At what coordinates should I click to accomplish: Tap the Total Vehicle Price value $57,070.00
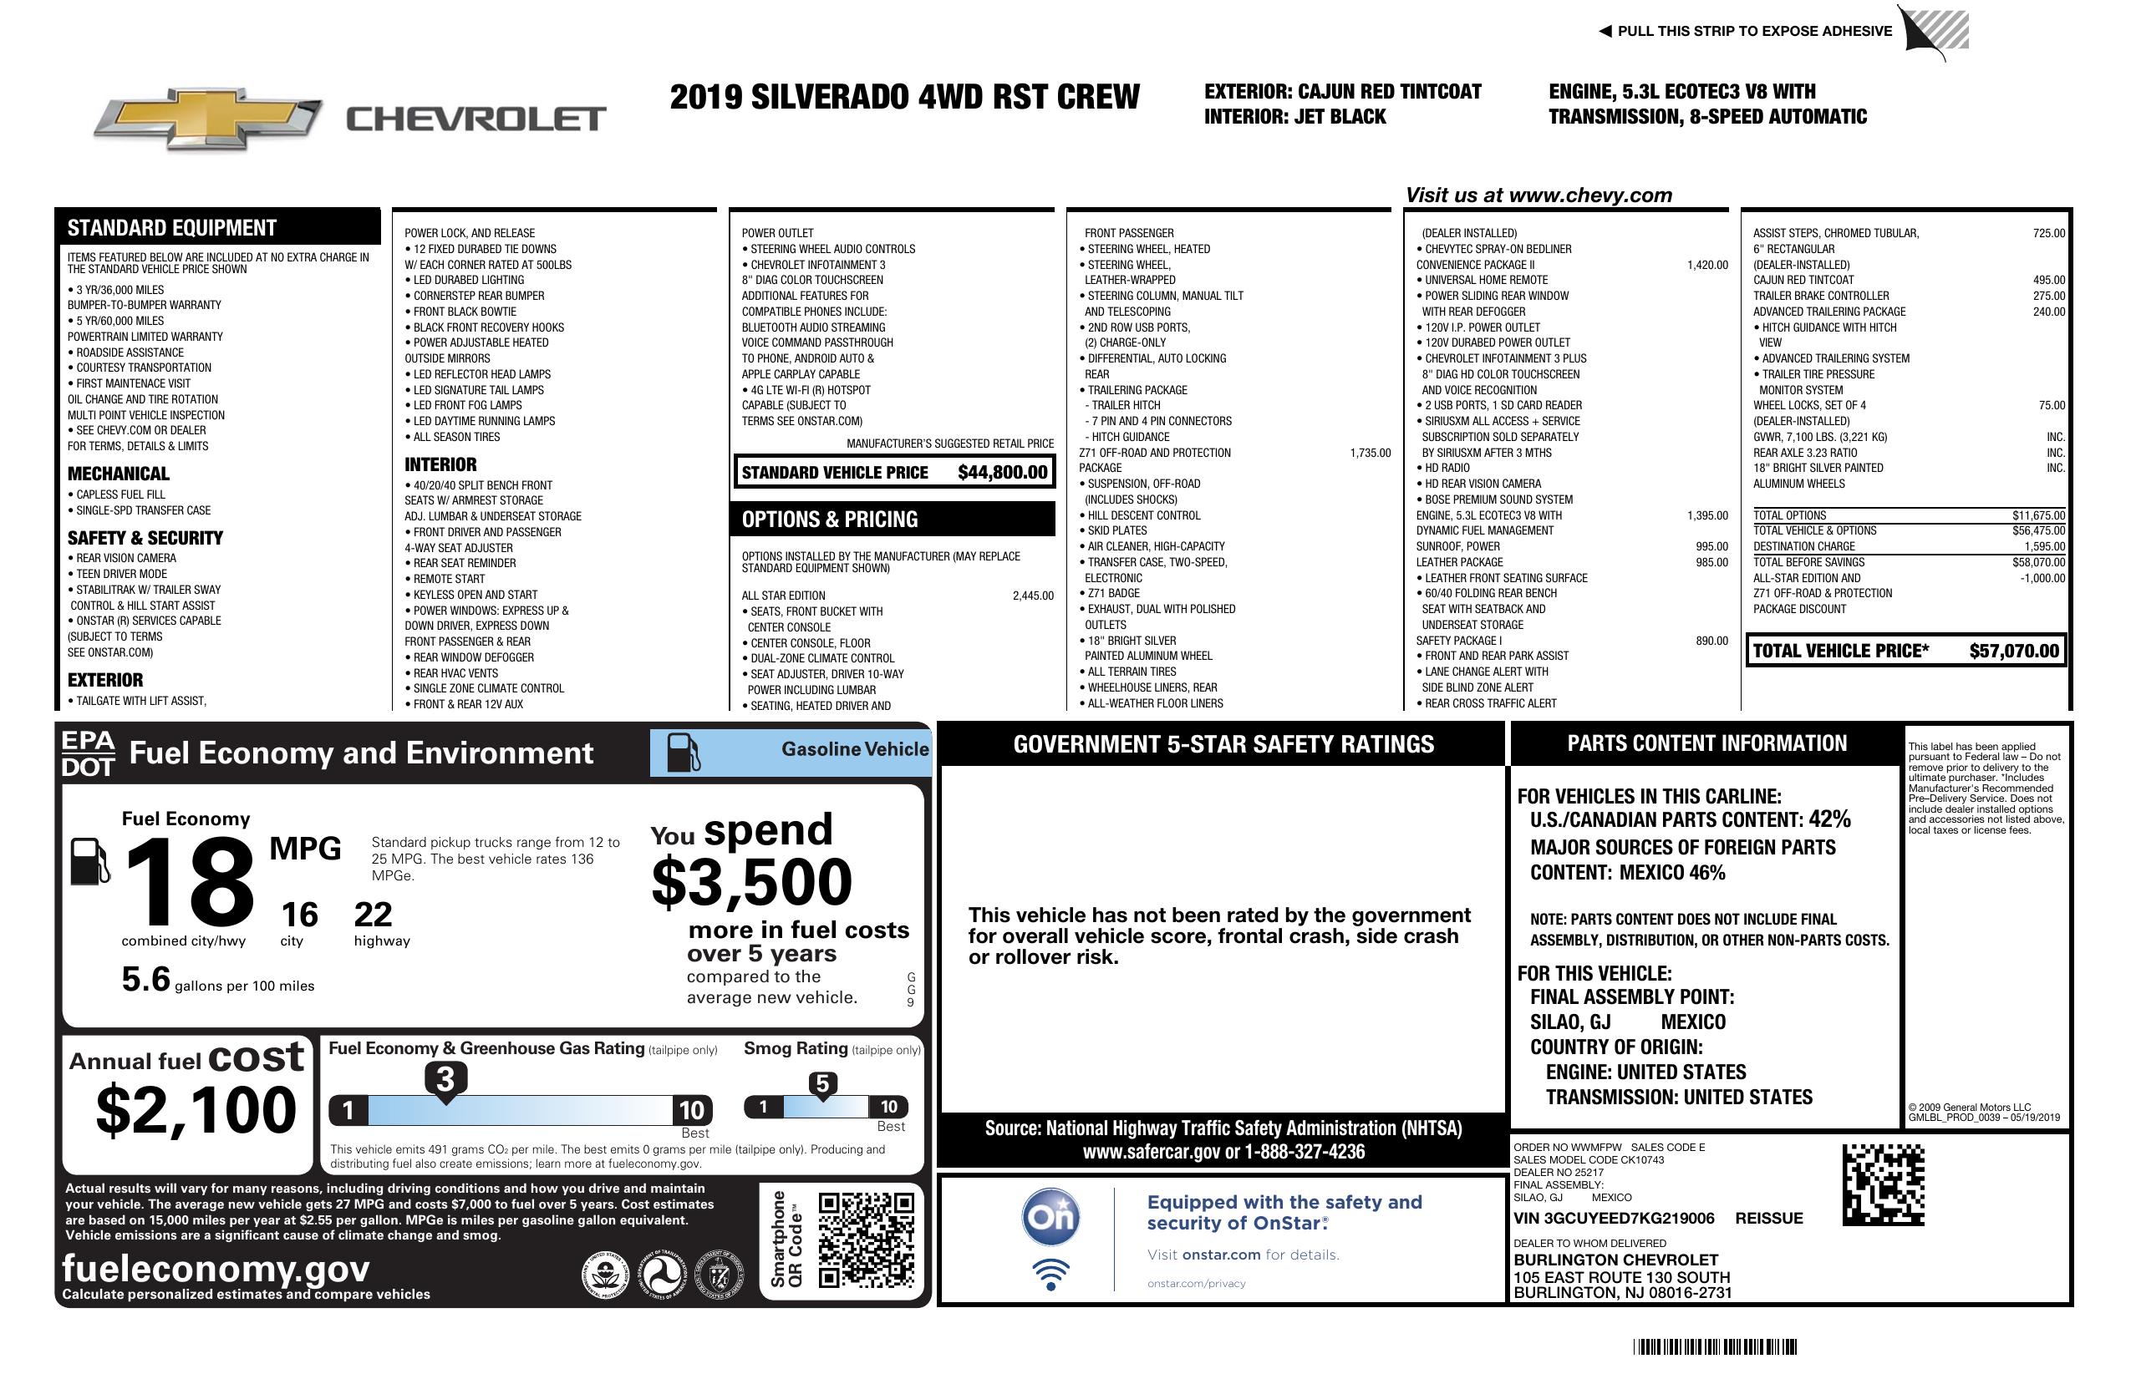2014,651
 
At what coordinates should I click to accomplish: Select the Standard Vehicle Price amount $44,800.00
1002,473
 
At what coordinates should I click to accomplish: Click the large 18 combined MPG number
190,882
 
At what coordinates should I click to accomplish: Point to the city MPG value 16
299,915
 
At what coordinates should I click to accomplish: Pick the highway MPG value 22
373,915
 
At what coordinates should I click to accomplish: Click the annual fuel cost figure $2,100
196,1110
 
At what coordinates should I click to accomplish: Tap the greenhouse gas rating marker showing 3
445,1079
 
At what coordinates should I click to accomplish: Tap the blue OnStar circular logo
1050,1217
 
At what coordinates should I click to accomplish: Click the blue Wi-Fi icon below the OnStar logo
1050,1274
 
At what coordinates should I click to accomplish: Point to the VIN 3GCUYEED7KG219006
1614,1219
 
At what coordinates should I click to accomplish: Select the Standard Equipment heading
172,228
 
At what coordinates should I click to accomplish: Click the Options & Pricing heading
829,520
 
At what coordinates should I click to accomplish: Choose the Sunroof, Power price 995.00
1711,547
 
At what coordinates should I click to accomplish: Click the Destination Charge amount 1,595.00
2044,547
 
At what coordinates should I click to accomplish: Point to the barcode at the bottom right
1715,1346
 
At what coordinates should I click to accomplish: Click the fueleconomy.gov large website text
216,1269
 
